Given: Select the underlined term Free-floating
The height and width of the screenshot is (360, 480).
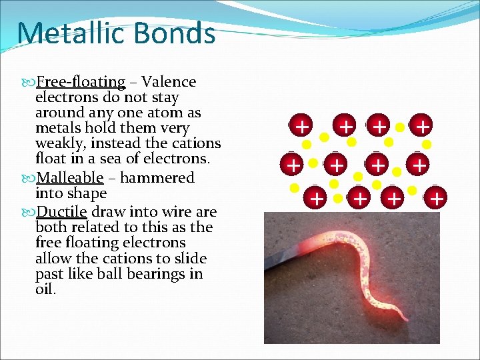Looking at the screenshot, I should coord(81,82).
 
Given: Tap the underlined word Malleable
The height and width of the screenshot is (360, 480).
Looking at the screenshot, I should coord(69,178).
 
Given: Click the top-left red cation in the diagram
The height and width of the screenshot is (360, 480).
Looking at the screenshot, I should coord(302,125).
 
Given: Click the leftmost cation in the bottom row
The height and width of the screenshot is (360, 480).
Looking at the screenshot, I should coord(317,197).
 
